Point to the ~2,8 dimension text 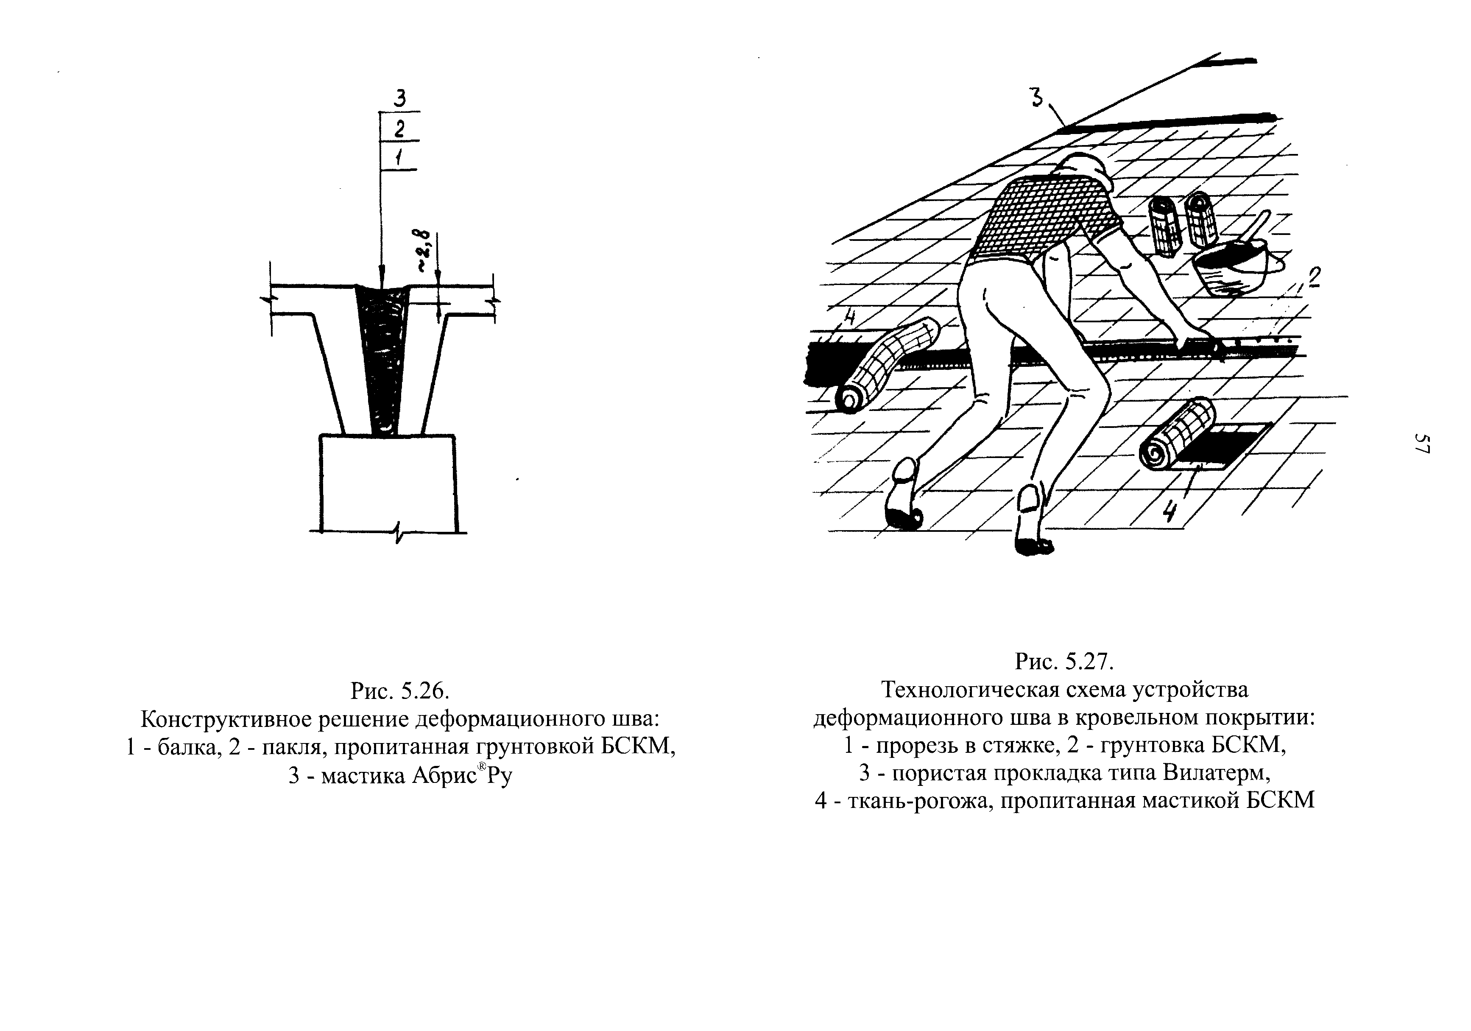point(423,251)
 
